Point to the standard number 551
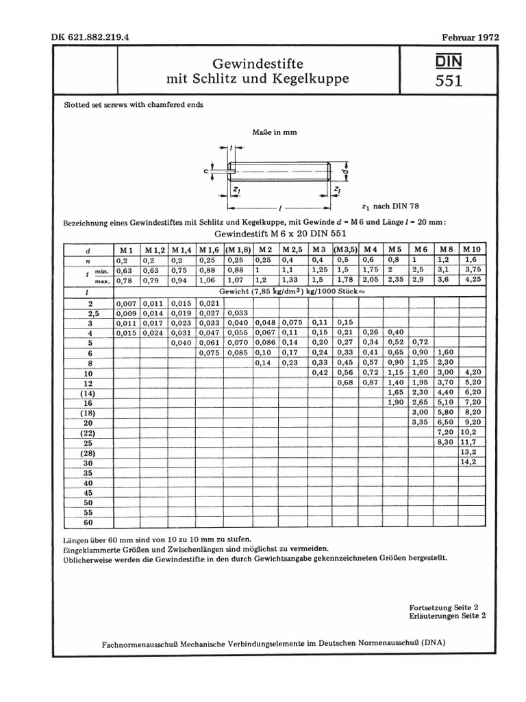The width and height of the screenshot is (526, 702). [449, 81]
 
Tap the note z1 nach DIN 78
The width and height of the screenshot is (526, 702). [389, 206]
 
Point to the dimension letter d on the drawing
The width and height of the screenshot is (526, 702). [347, 169]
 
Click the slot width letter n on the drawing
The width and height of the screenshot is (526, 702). [216, 171]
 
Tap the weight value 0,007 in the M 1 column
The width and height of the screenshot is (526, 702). [127, 303]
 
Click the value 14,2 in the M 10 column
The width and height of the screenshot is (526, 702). [469, 463]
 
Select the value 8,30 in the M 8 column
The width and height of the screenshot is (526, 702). [445, 444]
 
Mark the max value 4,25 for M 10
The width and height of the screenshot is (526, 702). [471, 280]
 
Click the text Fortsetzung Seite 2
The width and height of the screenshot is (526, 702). [443, 607]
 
